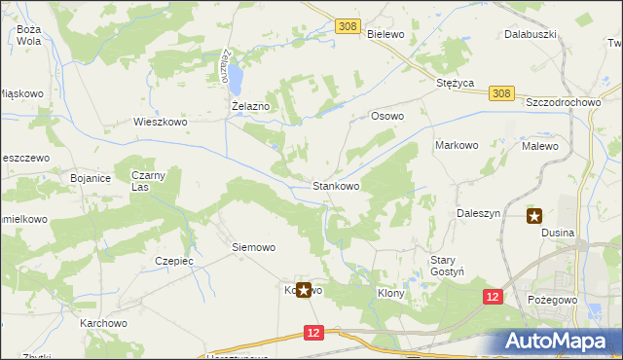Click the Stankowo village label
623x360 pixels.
[336, 185]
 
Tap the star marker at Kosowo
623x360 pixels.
[303, 290]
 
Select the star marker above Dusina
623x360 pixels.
[534, 216]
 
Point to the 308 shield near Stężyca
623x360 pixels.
[500, 93]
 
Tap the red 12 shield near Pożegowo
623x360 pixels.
[493, 296]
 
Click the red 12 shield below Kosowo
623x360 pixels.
[312, 333]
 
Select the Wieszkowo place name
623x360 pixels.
[160, 123]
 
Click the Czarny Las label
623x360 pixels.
[150, 181]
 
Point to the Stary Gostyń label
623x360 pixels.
[450, 266]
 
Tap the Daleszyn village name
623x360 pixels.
[478, 212]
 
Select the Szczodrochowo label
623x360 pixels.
[565, 102]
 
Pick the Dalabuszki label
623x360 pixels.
[530, 33]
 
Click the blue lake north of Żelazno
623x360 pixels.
[235, 72]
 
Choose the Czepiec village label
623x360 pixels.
[175, 261]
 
